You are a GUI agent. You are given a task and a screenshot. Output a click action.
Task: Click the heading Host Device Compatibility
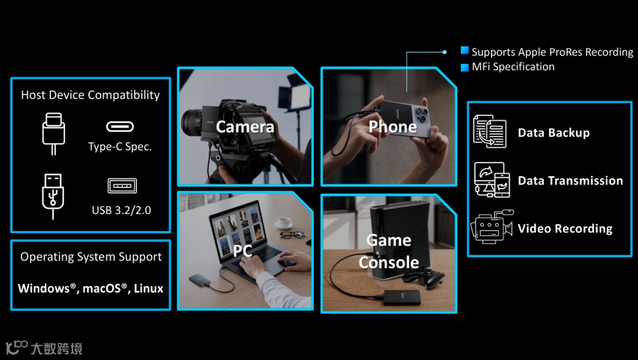point(90,95)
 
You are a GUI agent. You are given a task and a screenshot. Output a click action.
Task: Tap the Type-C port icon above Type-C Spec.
point(120,127)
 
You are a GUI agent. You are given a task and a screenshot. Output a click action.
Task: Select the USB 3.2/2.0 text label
point(121,210)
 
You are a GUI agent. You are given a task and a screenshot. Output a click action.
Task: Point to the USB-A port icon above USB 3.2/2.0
point(122,186)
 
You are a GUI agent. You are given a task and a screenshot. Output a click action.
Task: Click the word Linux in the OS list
point(149,288)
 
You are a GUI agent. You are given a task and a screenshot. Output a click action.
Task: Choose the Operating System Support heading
point(91,257)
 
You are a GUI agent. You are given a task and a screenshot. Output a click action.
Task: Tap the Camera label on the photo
point(245,127)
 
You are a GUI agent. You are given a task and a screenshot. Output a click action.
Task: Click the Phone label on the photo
point(393,127)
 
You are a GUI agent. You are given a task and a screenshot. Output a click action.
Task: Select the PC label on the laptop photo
point(242,251)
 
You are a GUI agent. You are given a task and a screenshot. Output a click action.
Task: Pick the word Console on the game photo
point(389,262)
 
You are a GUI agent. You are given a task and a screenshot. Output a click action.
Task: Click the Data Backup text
point(554,133)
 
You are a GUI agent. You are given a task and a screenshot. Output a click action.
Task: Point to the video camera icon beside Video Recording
point(491,227)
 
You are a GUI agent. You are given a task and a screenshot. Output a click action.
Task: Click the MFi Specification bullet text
point(513,67)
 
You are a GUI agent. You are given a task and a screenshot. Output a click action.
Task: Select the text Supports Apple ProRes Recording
point(552,52)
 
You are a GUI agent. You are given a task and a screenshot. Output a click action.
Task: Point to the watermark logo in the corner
point(17,348)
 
